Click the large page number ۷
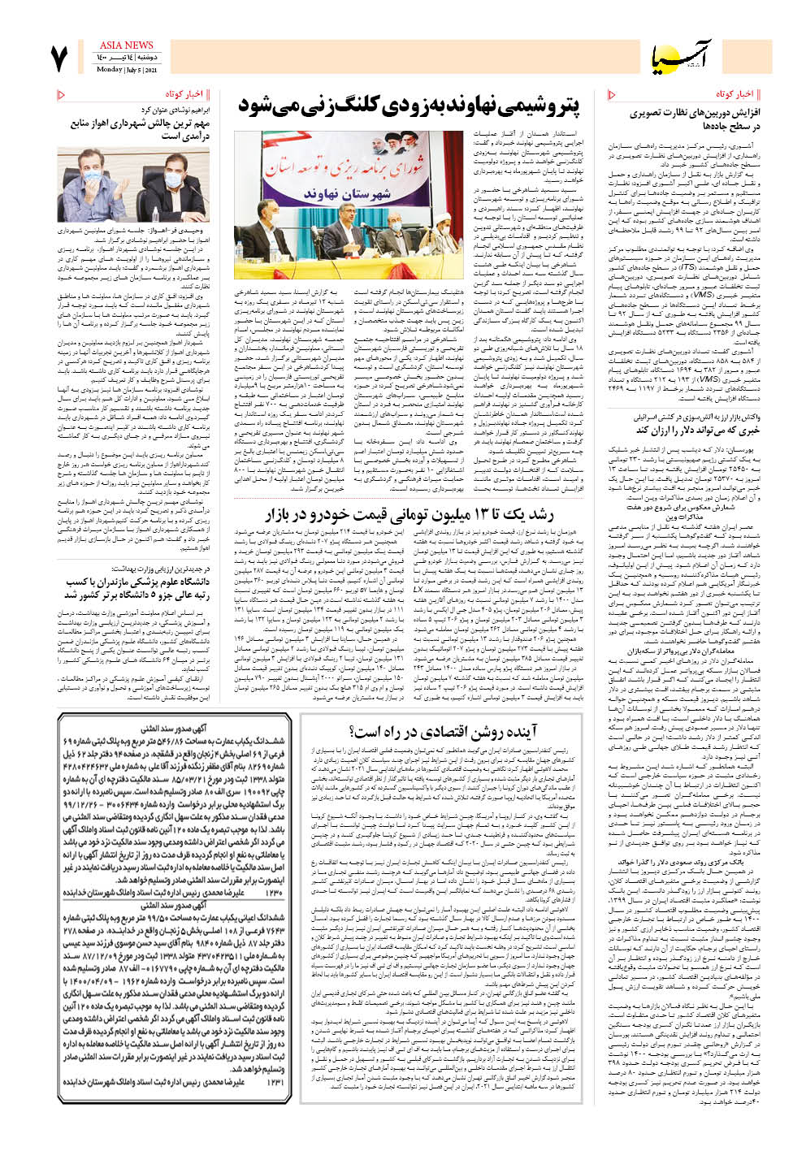tap(58, 58)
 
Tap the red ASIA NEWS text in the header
tap(126, 45)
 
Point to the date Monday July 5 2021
tap(128, 70)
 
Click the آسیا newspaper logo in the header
tap(681, 57)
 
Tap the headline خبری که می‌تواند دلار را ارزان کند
tap(697, 430)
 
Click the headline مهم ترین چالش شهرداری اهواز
tap(140, 129)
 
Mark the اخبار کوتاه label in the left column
tap(184, 94)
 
